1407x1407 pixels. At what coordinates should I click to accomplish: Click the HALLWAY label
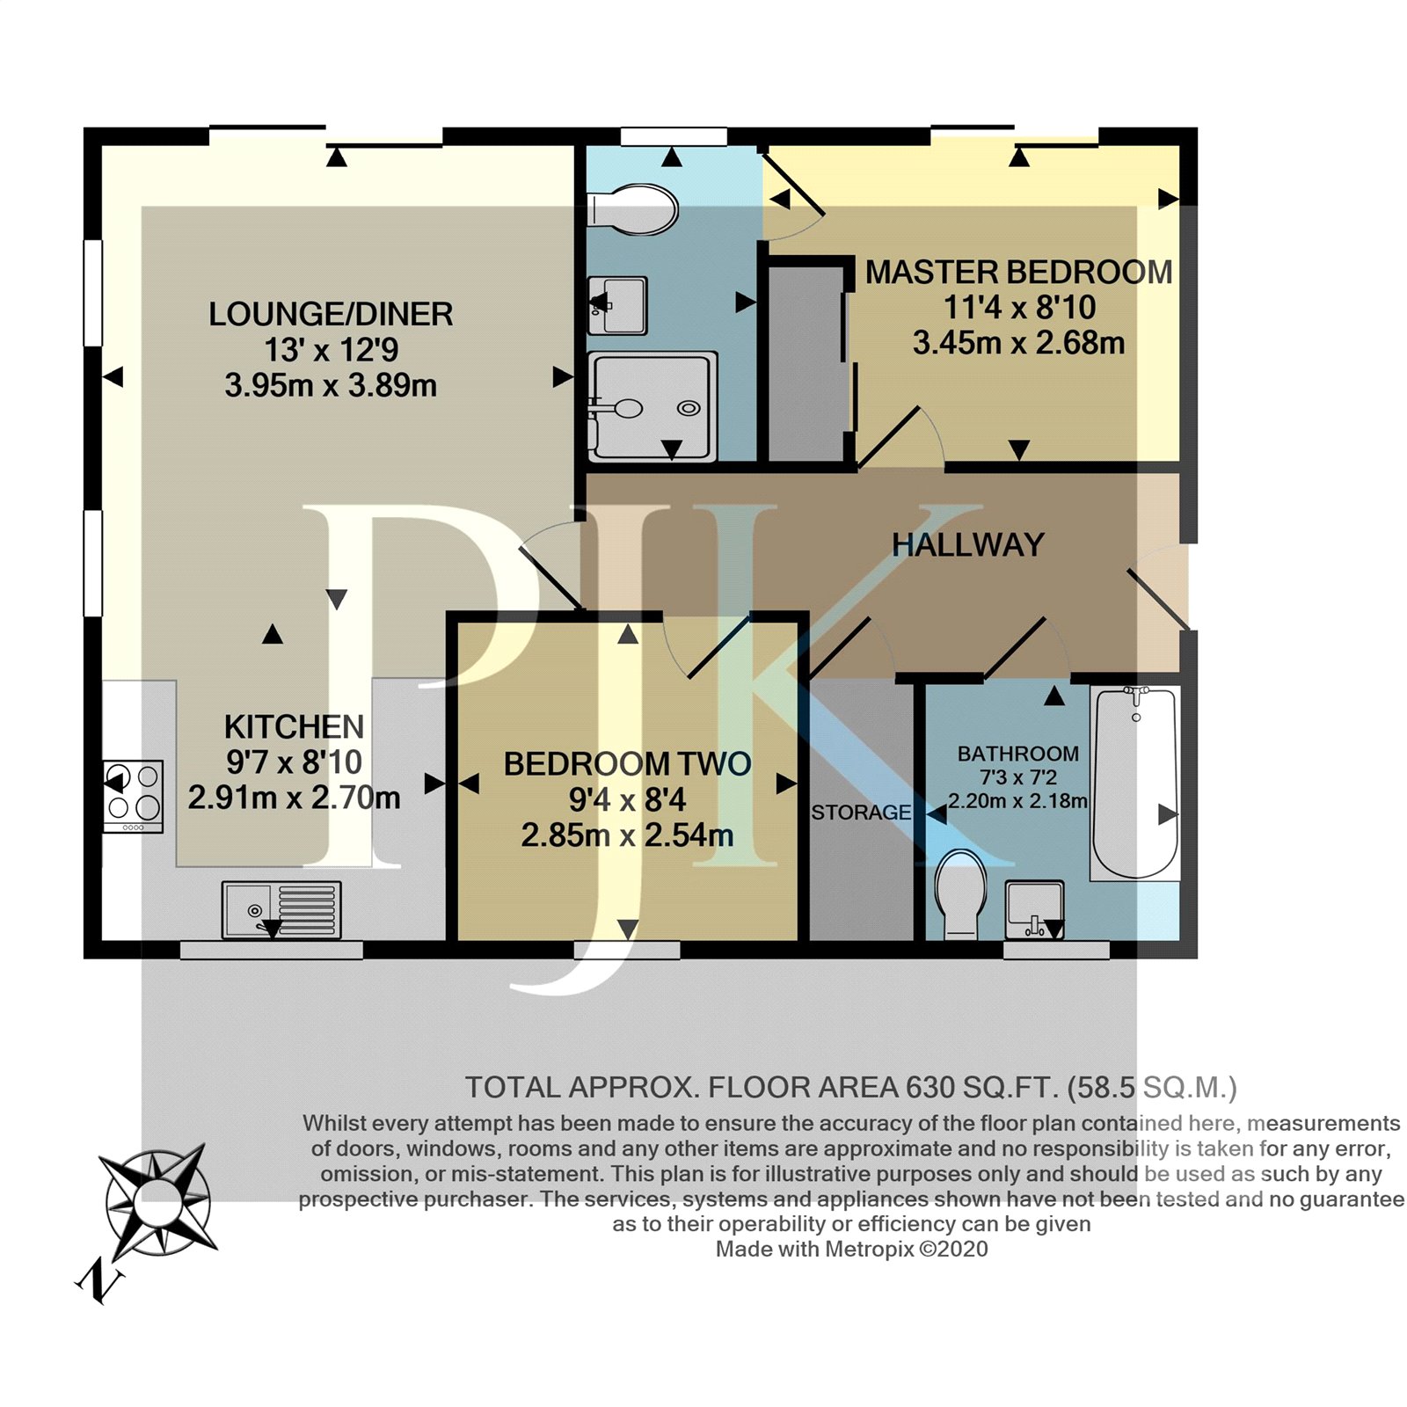click(x=967, y=545)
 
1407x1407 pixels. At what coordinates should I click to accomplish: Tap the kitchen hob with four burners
click(x=133, y=796)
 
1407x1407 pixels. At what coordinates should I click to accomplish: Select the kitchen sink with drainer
click(x=281, y=909)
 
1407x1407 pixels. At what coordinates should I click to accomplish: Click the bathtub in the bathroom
click(x=1134, y=783)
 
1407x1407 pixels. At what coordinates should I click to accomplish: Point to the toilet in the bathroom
click(x=961, y=893)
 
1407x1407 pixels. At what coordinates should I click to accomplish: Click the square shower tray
click(x=651, y=406)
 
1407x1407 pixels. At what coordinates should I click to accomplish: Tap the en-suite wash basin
click(x=617, y=305)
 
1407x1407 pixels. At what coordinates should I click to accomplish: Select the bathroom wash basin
click(x=1035, y=909)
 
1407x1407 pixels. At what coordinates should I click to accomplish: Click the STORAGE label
click(x=861, y=813)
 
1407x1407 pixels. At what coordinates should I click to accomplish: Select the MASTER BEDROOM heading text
click(x=1018, y=273)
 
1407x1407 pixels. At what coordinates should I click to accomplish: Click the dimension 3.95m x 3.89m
click(x=331, y=385)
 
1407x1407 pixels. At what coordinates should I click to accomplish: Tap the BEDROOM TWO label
click(x=627, y=763)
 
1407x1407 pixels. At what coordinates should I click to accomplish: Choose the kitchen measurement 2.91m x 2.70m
click(x=294, y=798)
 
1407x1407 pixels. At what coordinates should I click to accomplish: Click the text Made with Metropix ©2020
click(x=851, y=1249)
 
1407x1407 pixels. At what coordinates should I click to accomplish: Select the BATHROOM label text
click(x=1017, y=754)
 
